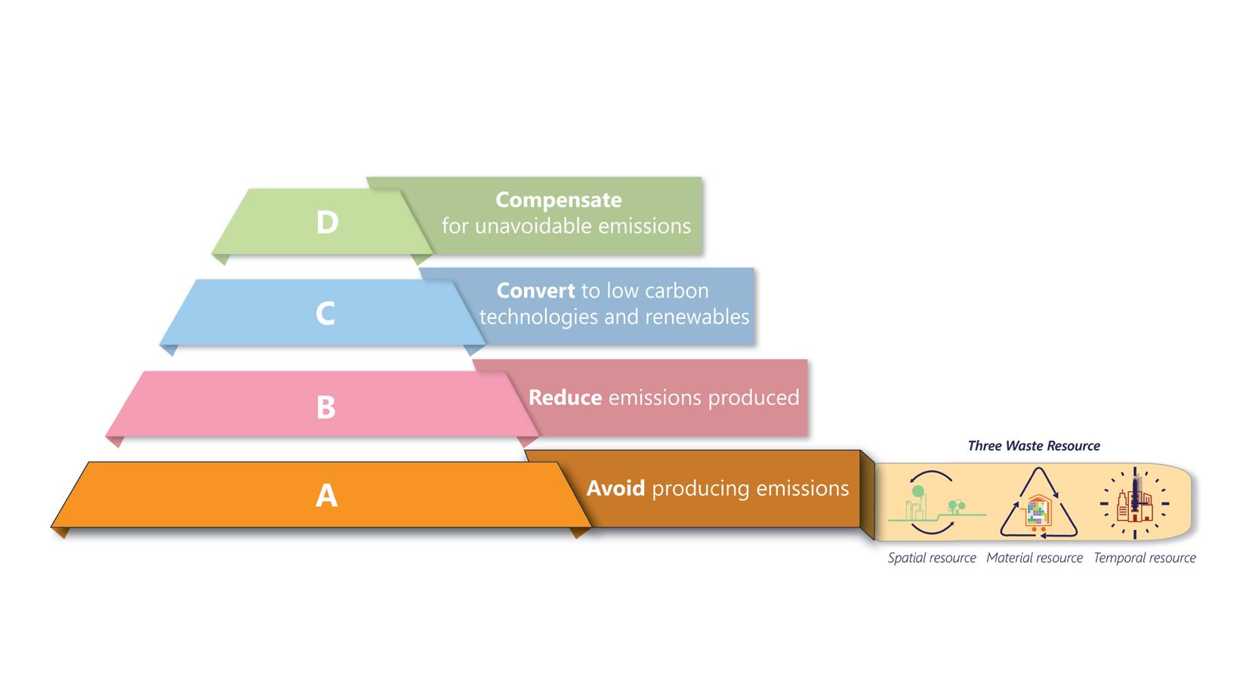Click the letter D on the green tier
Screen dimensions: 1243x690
pos(327,222)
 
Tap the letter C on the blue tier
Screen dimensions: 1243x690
pos(325,313)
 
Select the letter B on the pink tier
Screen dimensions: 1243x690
pos(325,407)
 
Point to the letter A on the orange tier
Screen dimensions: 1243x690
pos(326,495)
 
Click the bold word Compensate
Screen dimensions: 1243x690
pos(558,200)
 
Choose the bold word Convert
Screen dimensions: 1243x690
pos(535,291)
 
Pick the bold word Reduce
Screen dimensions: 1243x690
pos(565,398)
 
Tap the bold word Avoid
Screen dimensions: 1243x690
pos(615,488)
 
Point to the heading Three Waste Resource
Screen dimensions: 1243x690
pos(1033,446)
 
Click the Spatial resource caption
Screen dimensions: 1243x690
pos(932,558)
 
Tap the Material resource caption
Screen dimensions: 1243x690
pos(1034,558)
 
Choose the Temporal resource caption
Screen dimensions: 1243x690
pos(1145,558)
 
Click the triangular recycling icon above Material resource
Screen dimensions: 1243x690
pos(1039,504)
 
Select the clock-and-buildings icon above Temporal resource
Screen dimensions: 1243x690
pos(1134,503)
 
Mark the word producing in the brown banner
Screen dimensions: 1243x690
pos(695,489)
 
